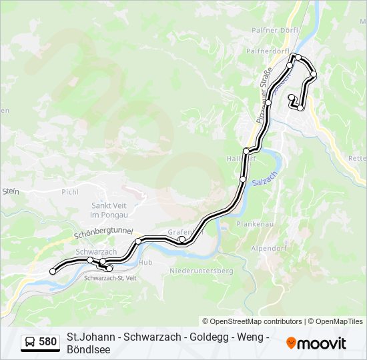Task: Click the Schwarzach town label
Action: point(96,251)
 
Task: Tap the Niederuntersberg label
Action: point(201,271)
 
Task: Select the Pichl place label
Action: point(70,192)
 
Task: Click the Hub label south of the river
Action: point(146,263)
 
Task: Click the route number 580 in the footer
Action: point(47,342)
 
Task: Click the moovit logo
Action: point(316,343)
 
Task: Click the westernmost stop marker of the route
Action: point(53,271)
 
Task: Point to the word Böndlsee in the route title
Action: point(89,349)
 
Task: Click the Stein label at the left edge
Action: point(10,191)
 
